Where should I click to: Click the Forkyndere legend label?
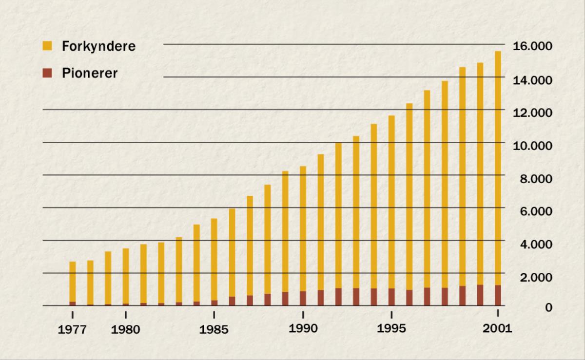98,47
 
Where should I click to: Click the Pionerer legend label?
90,74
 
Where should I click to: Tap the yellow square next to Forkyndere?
47,46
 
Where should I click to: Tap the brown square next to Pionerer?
47,74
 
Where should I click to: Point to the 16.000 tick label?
532,46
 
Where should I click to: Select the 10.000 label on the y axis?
532,145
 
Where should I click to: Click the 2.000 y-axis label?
535,277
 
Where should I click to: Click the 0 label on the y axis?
549,307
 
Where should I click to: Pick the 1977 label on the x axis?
73,330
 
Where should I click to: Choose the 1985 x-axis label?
214,330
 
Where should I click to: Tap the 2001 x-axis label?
498,328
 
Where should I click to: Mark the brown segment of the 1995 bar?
391,297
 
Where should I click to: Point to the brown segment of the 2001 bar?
498,295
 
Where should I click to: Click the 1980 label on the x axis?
126,330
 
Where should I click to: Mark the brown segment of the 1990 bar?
303,298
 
